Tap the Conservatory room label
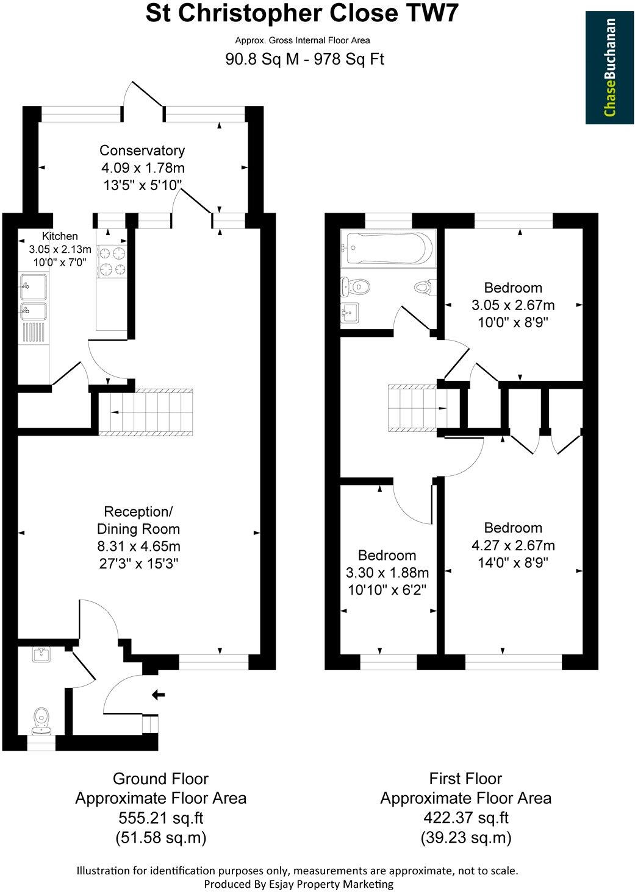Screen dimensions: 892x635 tap(142, 150)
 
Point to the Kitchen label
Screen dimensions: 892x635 tap(60, 236)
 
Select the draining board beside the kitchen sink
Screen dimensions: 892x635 tap(33, 333)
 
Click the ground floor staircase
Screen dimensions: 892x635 tap(146, 412)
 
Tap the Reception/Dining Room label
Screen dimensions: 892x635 tap(138, 520)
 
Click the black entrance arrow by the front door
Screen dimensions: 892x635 tap(158, 694)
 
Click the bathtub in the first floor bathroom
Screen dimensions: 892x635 tap(387, 248)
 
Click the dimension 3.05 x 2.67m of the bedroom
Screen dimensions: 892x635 tap(513, 305)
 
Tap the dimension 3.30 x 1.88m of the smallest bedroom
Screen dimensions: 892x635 tap(387, 573)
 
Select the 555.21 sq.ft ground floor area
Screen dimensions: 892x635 tap(160, 818)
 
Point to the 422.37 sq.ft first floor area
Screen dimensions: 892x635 tap(465, 818)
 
